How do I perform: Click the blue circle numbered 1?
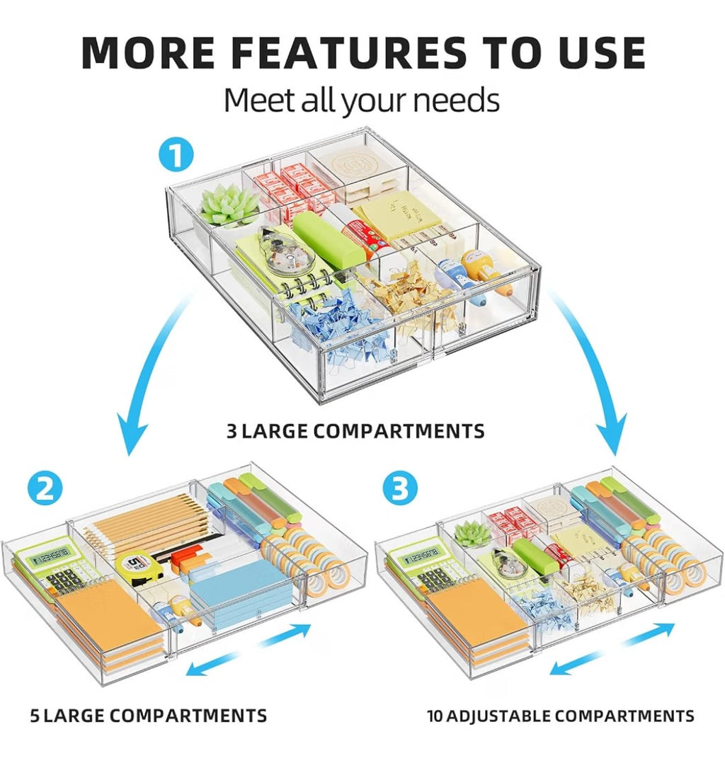pyautogui.click(x=176, y=155)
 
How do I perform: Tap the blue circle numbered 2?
pyautogui.click(x=45, y=488)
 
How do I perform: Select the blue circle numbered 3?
pyautogui.click(x=400, y=488)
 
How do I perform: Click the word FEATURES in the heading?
pyautogui.click(x=348, y=52)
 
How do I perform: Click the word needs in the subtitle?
pyautogui.click(x=456, y=100)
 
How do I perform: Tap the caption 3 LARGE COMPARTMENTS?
pyautogui.click(x=355, y=431)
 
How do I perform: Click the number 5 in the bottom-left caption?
pyautogui.click(x=35, y=716)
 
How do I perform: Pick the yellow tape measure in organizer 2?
pyautogui.click(x=138, y=568)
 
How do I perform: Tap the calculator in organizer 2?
pyautogui.click(x=56, y=567)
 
